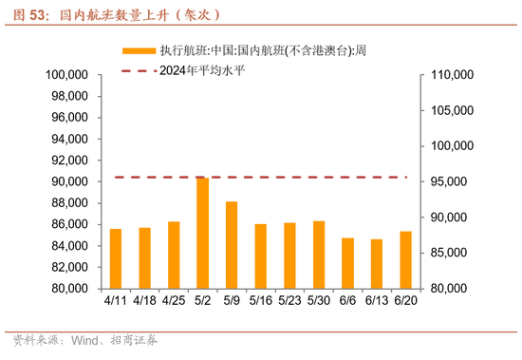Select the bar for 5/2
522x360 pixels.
click(x=203, y=233)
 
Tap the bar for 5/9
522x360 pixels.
click(x=232, y=245)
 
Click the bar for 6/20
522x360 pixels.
click(x=406, y=259)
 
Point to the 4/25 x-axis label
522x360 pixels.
click(x=174, y=299)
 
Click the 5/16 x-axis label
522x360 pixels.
click(x=261, y=299)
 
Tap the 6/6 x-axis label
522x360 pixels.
click(x=348, y=299)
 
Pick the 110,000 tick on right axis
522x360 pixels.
click(x=452, y=75)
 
